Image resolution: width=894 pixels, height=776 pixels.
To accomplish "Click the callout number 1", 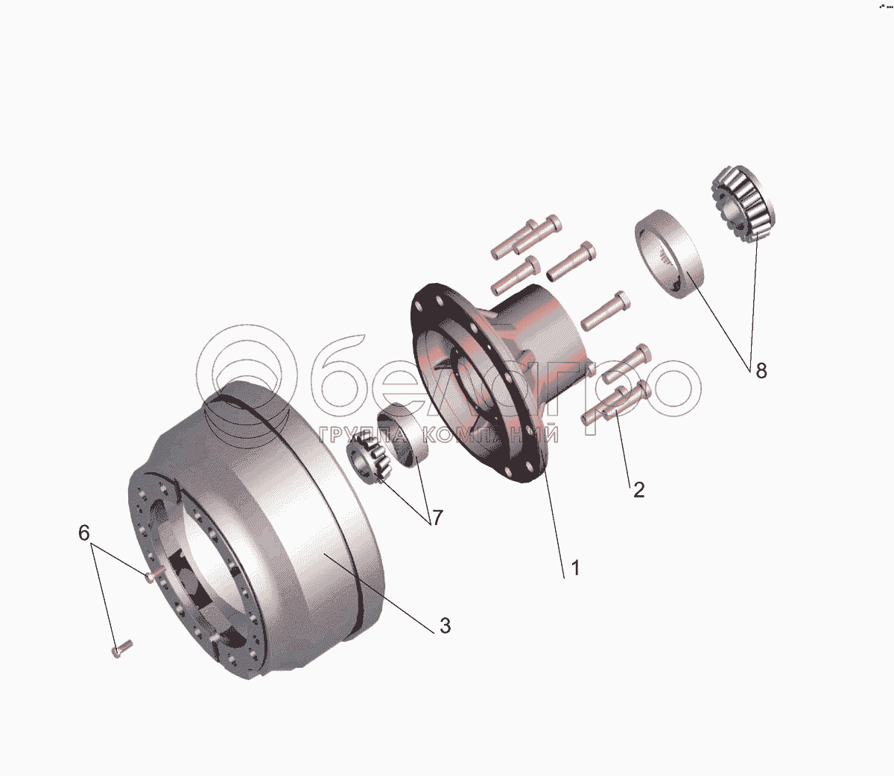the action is tap(575, 568).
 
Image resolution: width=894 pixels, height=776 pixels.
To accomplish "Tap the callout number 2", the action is tap(638, 490).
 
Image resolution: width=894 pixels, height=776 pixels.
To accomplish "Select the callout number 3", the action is tap(445, 626).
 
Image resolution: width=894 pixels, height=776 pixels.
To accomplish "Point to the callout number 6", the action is tap(84, 532).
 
